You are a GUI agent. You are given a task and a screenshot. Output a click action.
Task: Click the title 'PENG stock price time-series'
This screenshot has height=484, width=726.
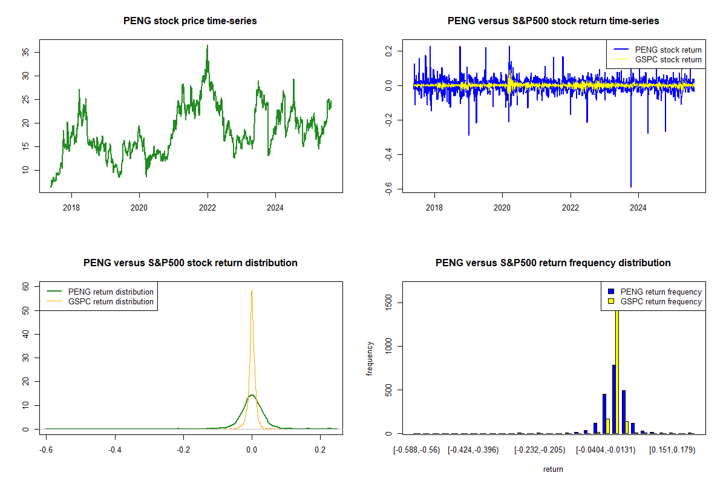pyautogui.click(x=190, y=21)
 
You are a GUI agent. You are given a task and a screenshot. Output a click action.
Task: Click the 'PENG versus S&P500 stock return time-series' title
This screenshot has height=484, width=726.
pyautogui.click(x=553, y=21)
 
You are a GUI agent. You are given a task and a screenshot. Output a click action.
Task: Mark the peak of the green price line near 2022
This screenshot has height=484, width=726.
pyautogui.click(x=207, y=45)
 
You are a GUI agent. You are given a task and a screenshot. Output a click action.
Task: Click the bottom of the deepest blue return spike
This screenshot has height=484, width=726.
pyautogui.click(x=631, y=187)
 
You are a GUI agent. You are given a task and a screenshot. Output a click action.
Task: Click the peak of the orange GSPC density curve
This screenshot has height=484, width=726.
pyautogui.click(x=252, y=291)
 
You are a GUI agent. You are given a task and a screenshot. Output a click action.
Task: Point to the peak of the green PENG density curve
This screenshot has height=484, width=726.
pyautogui.click(x=251, y=395)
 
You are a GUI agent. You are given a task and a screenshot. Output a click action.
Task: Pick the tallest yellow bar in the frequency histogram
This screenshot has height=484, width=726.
pyautogui.click(x=617, y=369)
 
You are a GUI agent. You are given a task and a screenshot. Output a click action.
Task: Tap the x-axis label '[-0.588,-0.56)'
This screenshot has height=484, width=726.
pyautogui.click(x=417, y=450)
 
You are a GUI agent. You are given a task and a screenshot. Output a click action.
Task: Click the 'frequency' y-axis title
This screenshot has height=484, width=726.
pyautogui.click(x=370, y=359)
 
